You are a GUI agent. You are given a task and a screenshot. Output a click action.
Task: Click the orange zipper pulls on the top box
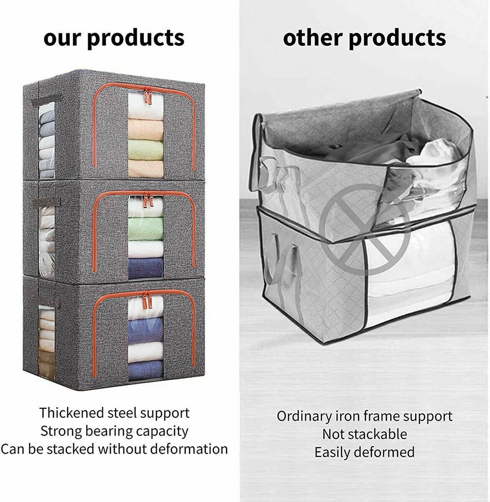click(x=148, y=95)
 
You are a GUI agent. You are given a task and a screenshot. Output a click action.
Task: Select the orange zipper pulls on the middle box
click(x=148, y=200)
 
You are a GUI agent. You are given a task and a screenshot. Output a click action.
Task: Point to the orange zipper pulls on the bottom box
click(x=147, y=300)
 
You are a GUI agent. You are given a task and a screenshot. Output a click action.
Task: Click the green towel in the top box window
click(x=146, y=150)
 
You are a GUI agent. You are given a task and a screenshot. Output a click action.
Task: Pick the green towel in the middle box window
click(x=146, y=228)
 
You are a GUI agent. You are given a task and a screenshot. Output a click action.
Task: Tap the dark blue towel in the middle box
click(x=146, y=268)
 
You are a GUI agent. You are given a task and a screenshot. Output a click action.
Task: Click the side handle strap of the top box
click(x=46, y=100)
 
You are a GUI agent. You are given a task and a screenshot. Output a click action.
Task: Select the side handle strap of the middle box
click(x=46, y=203)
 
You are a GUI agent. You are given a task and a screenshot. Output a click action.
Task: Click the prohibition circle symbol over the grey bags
click(x=365, y=229)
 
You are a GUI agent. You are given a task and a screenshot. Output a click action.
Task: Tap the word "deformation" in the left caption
click(x=189, y=449)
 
